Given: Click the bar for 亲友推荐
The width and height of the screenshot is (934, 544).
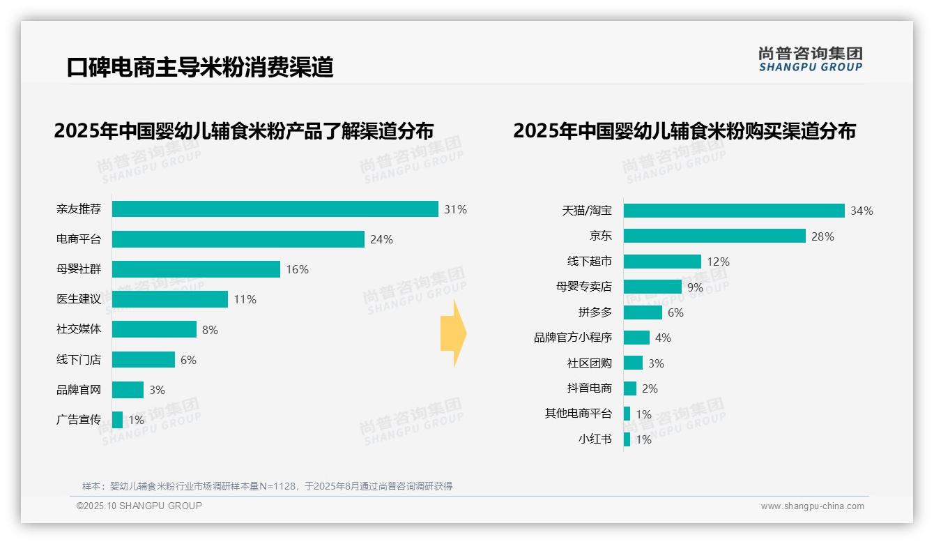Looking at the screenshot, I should point(275,209).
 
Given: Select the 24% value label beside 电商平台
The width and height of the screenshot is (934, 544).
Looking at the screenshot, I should point(381,239).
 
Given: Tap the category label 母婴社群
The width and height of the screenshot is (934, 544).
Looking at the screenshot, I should point(79,269).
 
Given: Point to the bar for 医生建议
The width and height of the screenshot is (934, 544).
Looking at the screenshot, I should point(170,299).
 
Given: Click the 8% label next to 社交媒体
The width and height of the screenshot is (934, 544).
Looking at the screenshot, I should point(210,330).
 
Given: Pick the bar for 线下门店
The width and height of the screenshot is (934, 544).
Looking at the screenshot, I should point(144,360).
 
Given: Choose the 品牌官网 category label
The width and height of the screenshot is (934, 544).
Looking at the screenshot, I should point(79,390).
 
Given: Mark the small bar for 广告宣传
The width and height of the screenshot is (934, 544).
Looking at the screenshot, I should point(117,420).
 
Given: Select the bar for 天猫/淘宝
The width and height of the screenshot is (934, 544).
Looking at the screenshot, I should point(733,211).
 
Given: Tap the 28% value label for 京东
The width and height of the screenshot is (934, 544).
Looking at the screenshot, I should point(822,236).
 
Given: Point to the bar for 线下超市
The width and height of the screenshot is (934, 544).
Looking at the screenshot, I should point(662,262).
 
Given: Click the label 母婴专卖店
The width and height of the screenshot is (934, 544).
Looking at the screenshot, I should point(583,287).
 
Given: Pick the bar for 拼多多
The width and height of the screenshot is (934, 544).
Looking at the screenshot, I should point(643,312).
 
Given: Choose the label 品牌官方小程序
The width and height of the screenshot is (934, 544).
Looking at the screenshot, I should point(572,338).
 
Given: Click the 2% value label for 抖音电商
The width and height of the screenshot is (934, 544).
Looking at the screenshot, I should point(650,388).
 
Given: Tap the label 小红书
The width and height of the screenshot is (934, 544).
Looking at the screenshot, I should point(595,439).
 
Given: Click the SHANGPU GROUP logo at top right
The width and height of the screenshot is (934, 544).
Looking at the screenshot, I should point(810,59).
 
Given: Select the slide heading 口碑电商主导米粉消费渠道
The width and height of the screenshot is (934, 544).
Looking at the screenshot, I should point(200,68).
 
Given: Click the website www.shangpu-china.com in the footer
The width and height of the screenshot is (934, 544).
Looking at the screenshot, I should point(812,506).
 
